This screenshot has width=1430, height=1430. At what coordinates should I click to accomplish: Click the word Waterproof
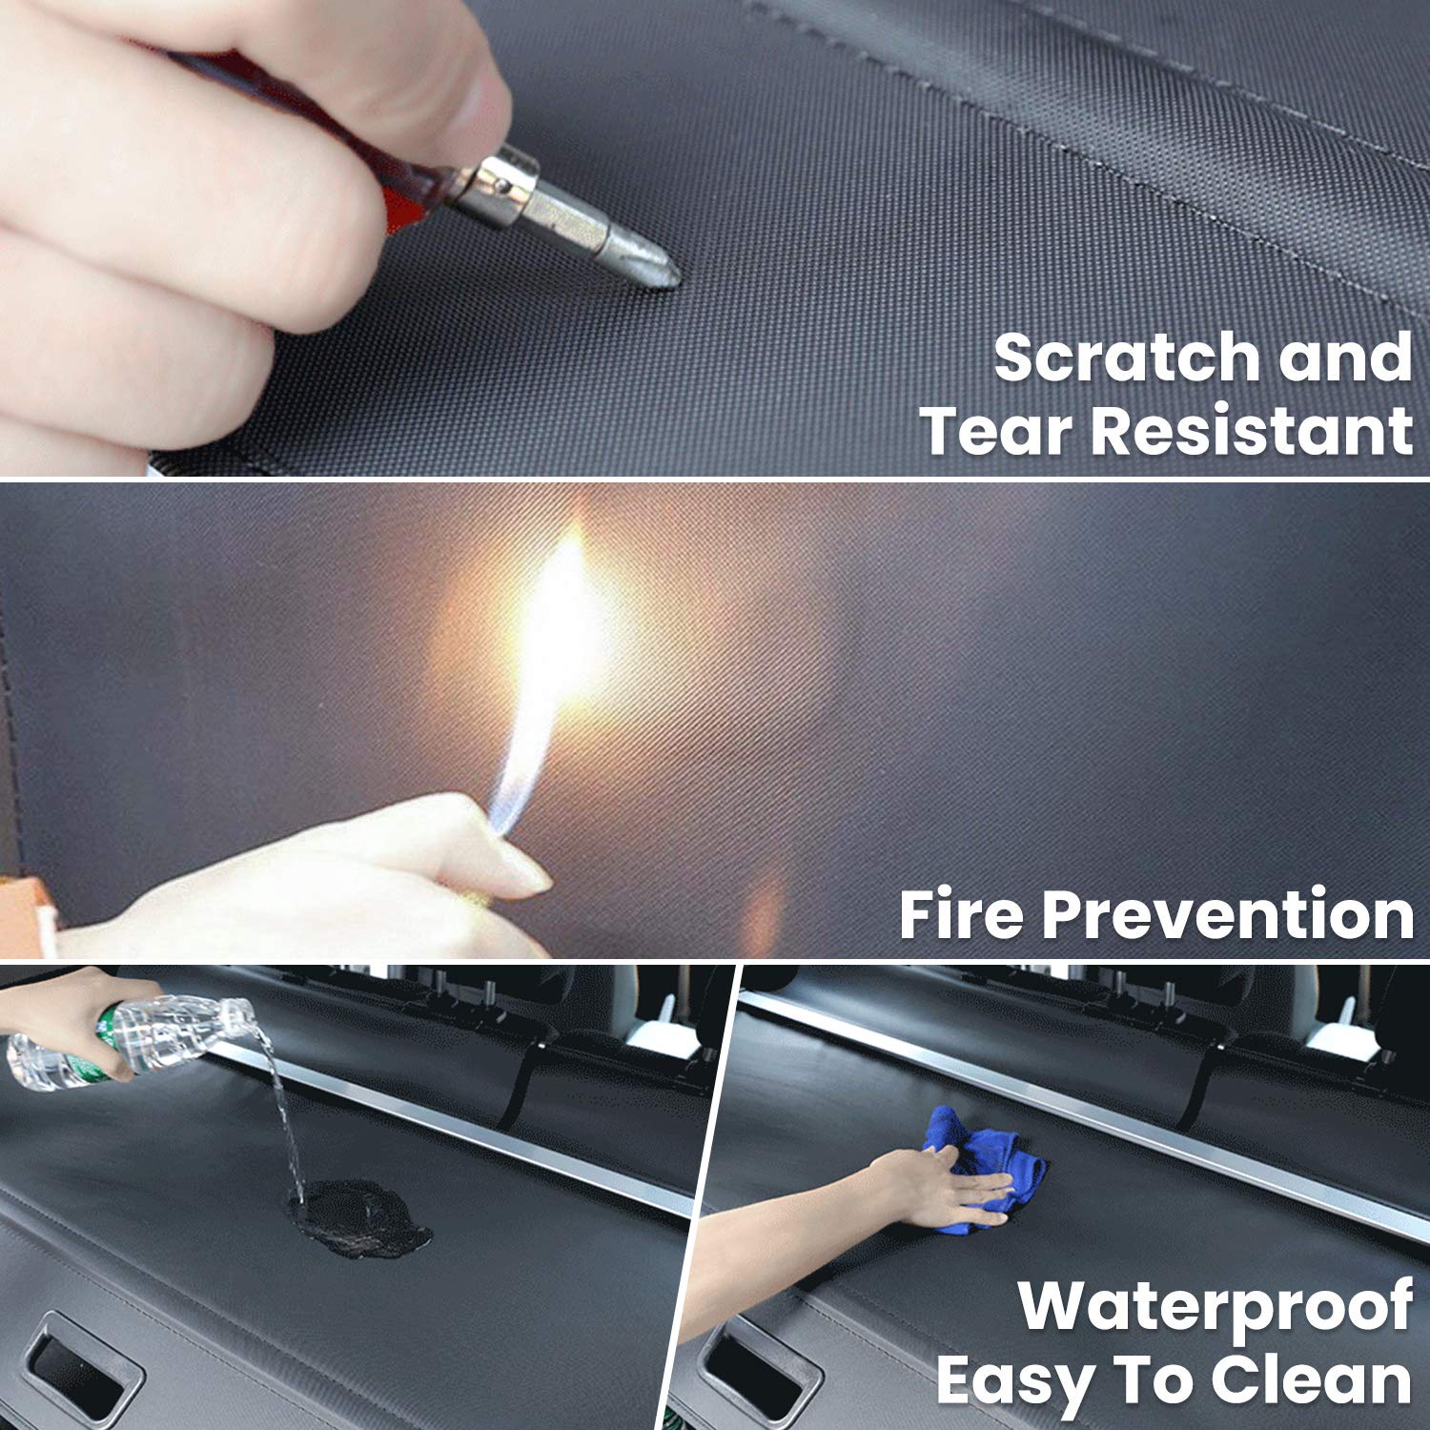pyautogui.click(x=1215, y=1306)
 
